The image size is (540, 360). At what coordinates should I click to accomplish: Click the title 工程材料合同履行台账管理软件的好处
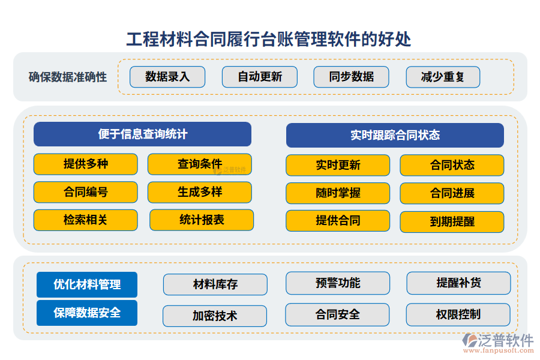click(x=269, y=39)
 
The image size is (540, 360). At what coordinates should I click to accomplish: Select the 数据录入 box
click(x=167, y=77)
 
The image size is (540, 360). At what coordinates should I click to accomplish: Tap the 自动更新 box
click(x=260, y=77)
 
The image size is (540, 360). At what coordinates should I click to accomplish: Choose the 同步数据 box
click(x=352, y=77)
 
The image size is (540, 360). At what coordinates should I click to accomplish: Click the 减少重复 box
click(x=443, y=77)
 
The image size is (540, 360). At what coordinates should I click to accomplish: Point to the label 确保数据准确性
click(x=68, y=77)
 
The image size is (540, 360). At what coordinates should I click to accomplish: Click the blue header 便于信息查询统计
click(x=142, y=134)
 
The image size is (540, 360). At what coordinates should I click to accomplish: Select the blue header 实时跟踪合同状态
click(x=395, y=135)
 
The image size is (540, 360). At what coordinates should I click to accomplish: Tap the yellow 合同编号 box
click(x=85, y=193)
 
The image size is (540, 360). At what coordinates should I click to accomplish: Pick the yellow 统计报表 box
click(x=202, y=220)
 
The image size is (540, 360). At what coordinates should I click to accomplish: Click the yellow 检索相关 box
click(x=85, y=220)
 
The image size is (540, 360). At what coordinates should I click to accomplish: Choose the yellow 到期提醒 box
click(x=452, y=222)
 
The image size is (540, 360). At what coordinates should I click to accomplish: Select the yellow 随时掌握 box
click(x=338, y=193)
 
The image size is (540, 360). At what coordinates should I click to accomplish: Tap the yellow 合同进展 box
click(x=452, y=193)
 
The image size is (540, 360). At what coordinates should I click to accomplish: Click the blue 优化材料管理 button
click(x=87, y=284)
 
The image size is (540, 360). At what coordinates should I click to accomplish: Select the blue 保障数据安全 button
click(x=87, y=313)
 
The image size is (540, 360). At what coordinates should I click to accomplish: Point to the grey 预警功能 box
click(x=338, y=283)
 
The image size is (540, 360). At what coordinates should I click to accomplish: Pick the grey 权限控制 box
click(x=458, y=314)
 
